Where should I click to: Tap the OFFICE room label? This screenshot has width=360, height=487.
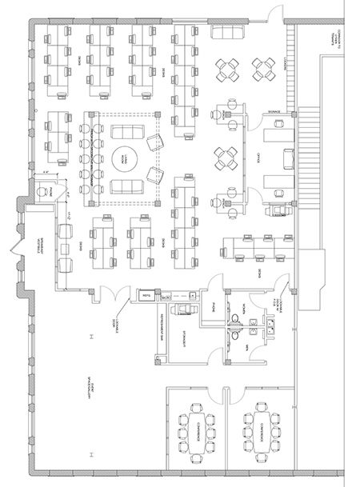coord(258,157)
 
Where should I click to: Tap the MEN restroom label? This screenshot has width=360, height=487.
coord(248,347)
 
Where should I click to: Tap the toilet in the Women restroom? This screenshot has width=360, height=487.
coord(235,321)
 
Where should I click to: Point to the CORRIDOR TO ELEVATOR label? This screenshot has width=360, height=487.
coord(330,48)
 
